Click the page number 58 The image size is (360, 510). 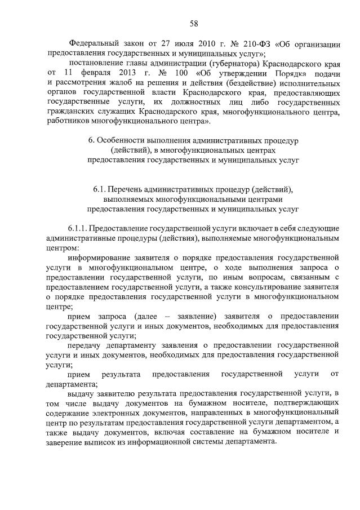193,23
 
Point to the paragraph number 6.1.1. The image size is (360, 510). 79,229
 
